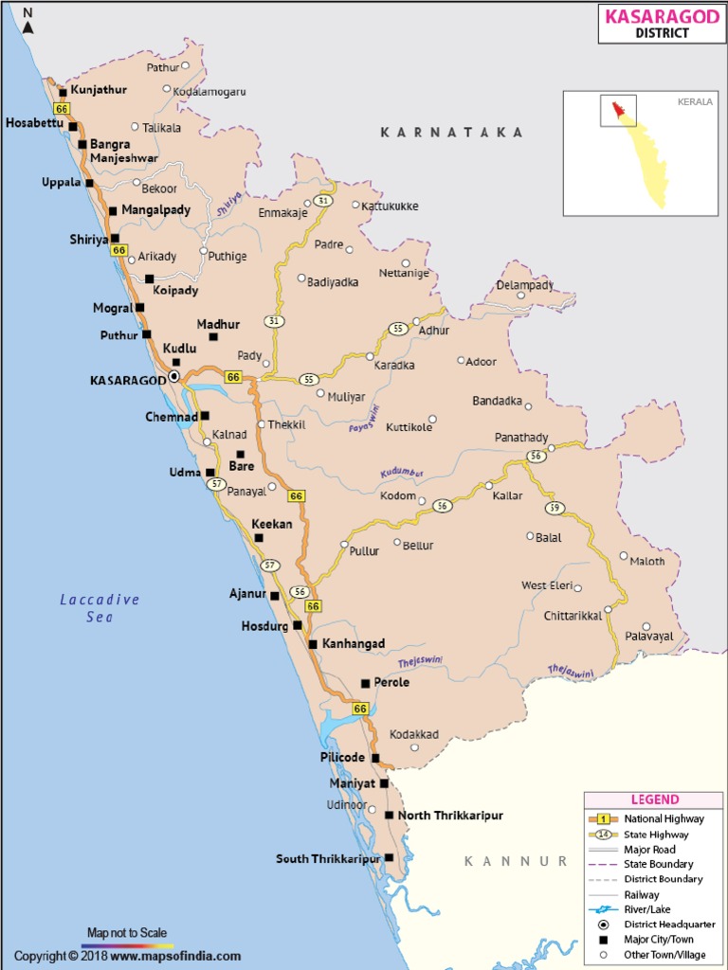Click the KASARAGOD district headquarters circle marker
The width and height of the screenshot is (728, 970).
[x=173, y=376]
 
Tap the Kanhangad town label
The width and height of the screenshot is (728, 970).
[x=354, y=643]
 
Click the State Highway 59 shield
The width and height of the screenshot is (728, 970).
[x=555, y=508]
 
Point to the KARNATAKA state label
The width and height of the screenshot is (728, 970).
[x=451, y=133]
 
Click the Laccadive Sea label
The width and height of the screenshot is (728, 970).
[x=100, y=607]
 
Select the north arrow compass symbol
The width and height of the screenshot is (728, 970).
[x=28, y=20]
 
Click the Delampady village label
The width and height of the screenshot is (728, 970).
[x=525, y=284]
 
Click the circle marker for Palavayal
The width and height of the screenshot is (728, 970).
[x=646, y=626]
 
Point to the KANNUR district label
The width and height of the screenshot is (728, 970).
[x=516, y=861]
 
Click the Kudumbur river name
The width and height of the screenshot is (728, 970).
[x=402, y=473]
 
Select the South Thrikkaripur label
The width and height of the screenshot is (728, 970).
[x=328, y=859]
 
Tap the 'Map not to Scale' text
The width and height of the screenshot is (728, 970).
[x=127, y=933]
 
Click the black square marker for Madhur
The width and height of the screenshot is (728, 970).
[x=213, y=336]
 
